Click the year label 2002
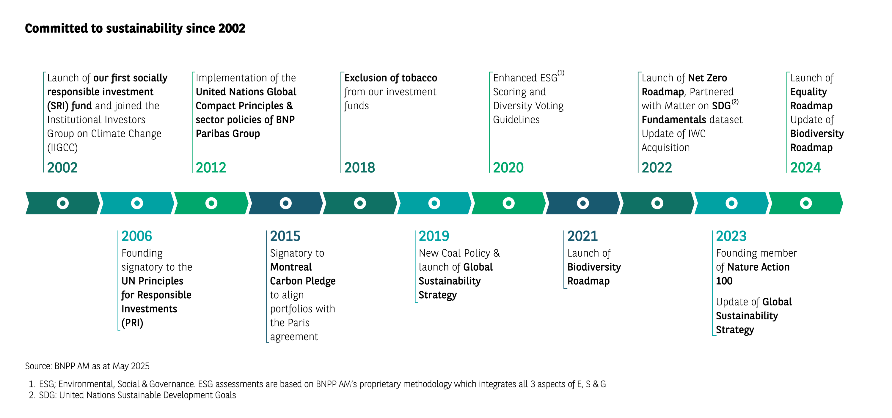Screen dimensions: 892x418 [x=62, y=168]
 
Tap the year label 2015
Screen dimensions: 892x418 [x=285, y=236]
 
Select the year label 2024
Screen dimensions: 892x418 [x=805, y=168]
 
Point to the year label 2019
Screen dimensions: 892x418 [x=434, y=236]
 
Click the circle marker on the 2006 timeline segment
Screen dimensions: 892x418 [x=137, y=203]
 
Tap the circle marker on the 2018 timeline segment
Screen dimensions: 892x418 [x=360, y=203]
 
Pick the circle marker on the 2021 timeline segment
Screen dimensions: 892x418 [x=583, y=203]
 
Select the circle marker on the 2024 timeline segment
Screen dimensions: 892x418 [x=806, y=203]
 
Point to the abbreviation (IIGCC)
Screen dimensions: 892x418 [x=62, y=148]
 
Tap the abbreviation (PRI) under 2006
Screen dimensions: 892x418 [x=132, y=323]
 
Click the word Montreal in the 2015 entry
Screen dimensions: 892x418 [x=291, y=267]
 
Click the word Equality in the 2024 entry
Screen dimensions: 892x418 [x=808, y=92]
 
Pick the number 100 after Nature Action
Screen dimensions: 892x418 [x=724, y=281]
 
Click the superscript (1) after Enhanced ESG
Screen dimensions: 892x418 [x=561, y=73]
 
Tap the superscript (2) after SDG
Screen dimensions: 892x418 [x=735, y=102]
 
